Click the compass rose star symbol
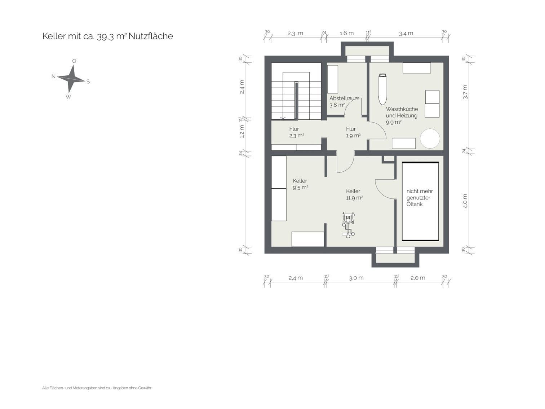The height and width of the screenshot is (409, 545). (71, 79)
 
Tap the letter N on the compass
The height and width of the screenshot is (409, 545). (53, 76)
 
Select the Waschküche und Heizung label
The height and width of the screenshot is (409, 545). (402, 115)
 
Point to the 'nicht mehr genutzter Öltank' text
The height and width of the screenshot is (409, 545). (419, 198)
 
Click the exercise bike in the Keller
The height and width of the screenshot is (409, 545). (348, 225)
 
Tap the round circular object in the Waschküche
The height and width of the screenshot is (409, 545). (430, 138)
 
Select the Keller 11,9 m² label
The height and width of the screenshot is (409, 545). (354, 194)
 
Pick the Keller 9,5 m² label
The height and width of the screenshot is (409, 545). (300, 184)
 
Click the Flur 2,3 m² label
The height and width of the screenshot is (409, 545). (296, 132)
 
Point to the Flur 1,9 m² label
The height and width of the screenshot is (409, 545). (353, 132)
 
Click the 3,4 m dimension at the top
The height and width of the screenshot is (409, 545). (406, 33)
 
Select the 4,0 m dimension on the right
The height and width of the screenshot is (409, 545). (465, 201)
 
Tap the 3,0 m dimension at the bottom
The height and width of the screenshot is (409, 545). (356, 278)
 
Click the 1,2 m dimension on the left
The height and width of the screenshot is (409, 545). (242, 131)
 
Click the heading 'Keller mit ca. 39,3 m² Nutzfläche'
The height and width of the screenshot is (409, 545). (107, 36)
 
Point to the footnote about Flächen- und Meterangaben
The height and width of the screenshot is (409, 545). (97, 388)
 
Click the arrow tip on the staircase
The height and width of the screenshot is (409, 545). (283, 119)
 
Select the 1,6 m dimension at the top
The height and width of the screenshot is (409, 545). (347, 33)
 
